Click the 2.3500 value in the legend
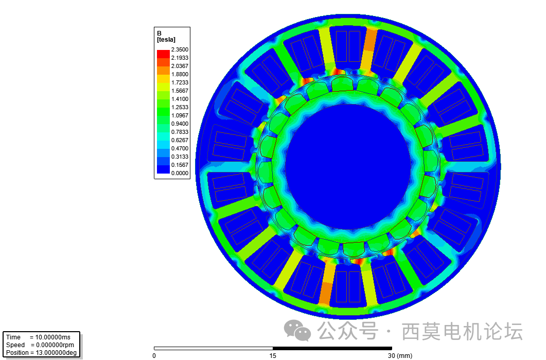(179, 49)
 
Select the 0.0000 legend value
(179, 173)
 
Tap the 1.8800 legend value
(179, 74)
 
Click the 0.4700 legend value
(179, 148)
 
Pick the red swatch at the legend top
(163, 54)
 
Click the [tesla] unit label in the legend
(166, 39)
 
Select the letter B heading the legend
(159, 33)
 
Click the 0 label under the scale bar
(154, 355)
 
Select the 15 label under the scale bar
(273, 355)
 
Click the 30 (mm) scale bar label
(399, 355)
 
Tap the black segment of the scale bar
(332, 349)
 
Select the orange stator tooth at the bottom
(326, 291)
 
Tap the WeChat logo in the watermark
(298, 331)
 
